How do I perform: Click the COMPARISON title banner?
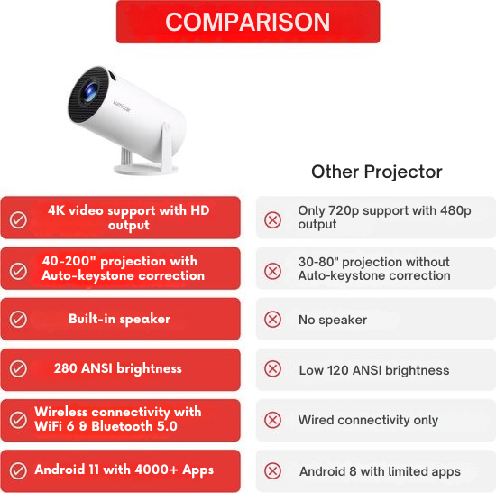248,22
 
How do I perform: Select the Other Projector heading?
377,172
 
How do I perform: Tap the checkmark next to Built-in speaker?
18,320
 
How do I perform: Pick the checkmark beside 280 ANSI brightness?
18,369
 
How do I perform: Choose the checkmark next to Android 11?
18,470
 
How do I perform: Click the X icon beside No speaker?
272,320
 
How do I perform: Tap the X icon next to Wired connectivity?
272,420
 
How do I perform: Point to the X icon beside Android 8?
272,470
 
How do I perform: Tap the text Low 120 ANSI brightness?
373,370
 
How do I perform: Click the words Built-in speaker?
119,319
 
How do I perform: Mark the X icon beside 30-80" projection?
272,270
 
